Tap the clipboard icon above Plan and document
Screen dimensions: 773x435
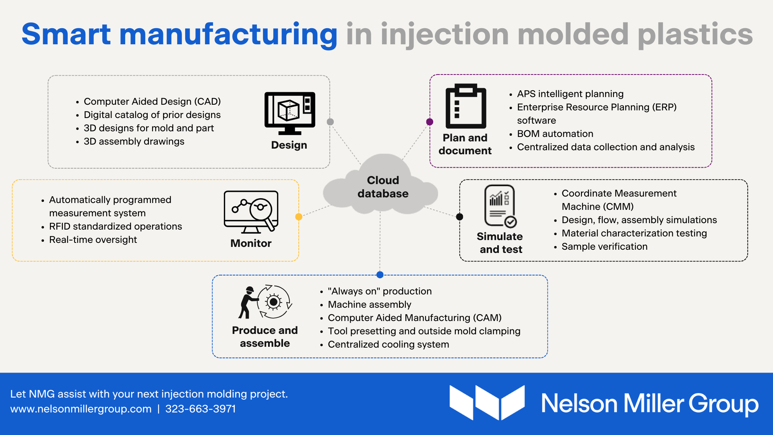click(x=466, y=106)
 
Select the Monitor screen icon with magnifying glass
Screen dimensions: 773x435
click(x=251, y=212)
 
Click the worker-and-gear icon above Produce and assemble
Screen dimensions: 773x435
click(x=265, y=302)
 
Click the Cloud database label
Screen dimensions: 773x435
click(x=383, y=187)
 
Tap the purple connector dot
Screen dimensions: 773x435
click(x=430, y=122)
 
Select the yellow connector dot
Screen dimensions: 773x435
click(x=299, y=217)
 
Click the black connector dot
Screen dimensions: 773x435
click(x=459, y=217)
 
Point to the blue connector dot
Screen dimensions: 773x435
click(x=380, y=275)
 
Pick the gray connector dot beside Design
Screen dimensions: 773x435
click(x=330, y=122)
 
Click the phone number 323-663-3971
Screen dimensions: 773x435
click(x=200, y=409)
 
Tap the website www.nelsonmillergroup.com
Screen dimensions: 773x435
click(x=81, y=409)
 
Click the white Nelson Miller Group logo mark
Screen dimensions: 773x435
click(x=487, y=402)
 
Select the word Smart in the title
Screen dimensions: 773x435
click(x=66, y=34)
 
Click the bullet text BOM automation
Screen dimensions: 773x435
click(x=555, y=134)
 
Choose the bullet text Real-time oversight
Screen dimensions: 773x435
click(x=93, y=240)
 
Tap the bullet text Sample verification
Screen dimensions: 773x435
click(x=605, y=246)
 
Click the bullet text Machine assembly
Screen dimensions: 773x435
click(x=370, y=304)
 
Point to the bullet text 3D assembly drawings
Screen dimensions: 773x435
click(x=134, y=141)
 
